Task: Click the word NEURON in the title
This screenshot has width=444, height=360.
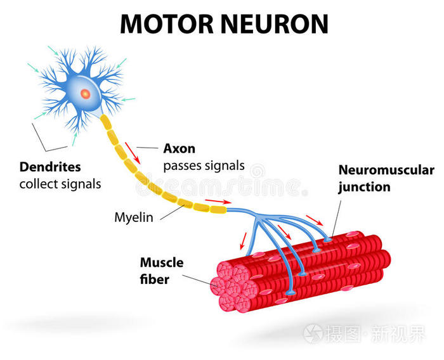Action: point(278,23)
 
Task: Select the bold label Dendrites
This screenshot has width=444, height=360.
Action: point(50,167)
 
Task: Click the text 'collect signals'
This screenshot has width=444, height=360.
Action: point(60,184)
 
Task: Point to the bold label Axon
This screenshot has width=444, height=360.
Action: point(179,149)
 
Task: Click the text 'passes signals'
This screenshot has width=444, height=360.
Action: point(203,165)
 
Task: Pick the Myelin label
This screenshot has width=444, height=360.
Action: point(133,217)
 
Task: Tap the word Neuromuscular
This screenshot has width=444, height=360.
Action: point(386,170)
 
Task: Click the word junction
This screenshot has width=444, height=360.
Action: point(364,187)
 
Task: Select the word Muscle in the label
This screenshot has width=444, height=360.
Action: point(162,262)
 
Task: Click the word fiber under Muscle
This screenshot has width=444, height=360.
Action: point(154,278)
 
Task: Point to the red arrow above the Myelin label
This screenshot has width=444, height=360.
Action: point(216,202)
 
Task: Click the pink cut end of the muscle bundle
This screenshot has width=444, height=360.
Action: point(232,288)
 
